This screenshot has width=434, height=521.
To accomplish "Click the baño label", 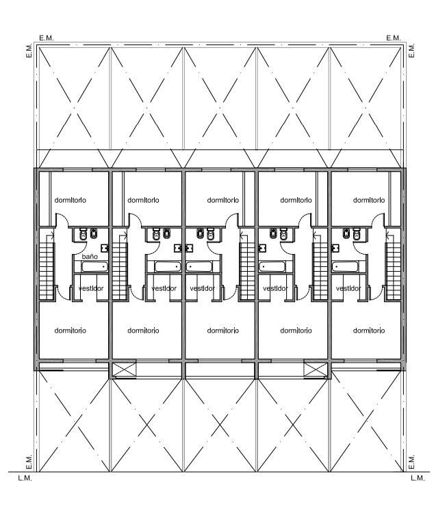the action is point(90,257).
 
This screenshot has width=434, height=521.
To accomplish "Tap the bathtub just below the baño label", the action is point(94,267).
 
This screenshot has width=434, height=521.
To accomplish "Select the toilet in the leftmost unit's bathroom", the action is point(83,234).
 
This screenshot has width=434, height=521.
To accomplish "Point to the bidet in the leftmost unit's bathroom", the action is point(94,233).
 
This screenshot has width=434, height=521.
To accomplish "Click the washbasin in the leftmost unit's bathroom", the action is point(105,248).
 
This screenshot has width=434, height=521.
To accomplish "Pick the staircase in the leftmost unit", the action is point(47,271).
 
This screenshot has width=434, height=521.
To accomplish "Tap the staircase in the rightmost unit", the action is point(393,271).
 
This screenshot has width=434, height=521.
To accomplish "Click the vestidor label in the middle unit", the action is point(203,288).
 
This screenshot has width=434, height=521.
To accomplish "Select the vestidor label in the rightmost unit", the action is point(348,288).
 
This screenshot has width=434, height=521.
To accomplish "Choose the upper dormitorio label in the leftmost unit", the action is point(70,200).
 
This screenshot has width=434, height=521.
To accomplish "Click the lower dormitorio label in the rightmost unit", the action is point(369,331).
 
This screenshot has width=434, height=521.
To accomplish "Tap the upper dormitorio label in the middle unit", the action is point(223,200).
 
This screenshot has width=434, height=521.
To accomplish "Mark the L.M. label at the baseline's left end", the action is point(25,478).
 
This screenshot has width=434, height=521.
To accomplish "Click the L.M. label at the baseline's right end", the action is point(418,478).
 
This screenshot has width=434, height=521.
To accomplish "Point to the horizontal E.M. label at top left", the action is point(47,38).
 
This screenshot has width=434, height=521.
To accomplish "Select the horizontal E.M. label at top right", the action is point(394,38).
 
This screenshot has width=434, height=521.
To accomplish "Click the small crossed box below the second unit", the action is point(125,370).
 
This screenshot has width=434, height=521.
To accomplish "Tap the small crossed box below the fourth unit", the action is point(316,370).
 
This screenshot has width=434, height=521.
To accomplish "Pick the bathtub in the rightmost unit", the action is point(345,267).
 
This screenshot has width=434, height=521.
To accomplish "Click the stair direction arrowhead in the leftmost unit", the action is point(52,236).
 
